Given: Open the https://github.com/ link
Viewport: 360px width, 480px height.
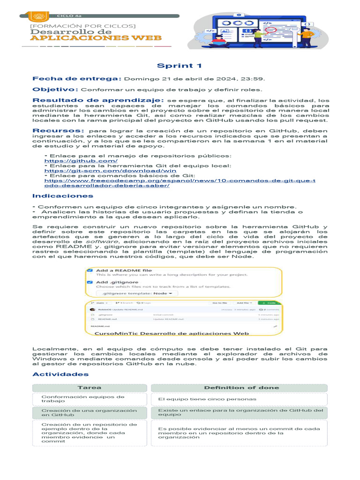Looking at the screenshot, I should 74,161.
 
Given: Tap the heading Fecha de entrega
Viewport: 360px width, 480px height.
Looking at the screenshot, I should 77,79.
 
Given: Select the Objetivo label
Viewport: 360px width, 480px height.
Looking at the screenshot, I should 55,89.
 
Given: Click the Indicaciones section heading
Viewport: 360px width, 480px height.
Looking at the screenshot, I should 62,195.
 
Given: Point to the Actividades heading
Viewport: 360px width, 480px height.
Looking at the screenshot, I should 60,374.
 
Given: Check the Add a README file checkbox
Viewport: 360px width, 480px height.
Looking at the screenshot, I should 90,271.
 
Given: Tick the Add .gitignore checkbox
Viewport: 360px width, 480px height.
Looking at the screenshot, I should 90,282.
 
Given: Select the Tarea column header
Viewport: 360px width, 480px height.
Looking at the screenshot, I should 89,387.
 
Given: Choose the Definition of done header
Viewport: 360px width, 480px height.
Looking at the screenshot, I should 241,387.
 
